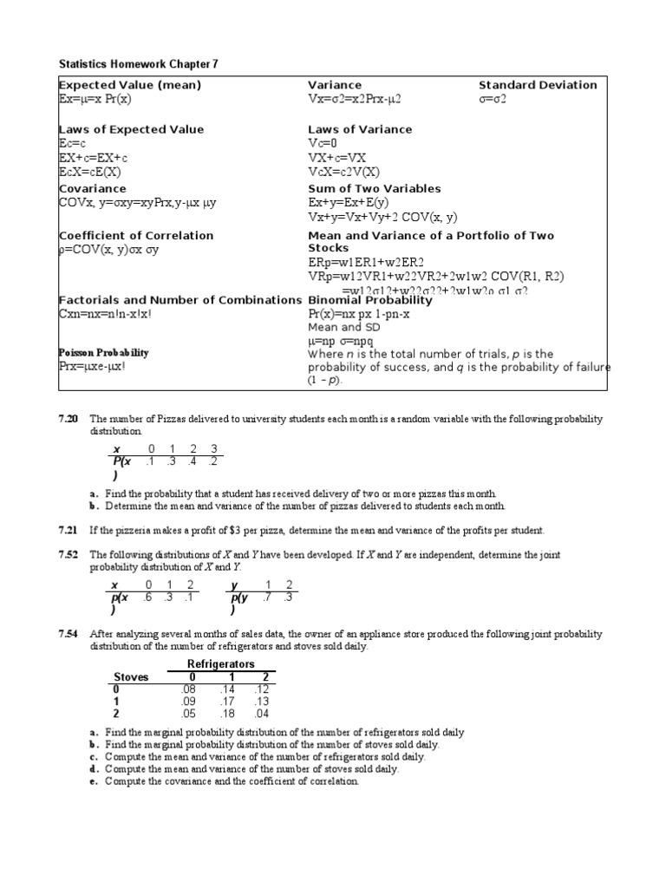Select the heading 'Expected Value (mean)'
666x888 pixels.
[x=129, y=85]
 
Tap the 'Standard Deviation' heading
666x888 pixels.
[x=538, y=85]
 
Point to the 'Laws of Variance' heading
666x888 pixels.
[x=360, y=129]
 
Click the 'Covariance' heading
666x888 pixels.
[x=92, y=188]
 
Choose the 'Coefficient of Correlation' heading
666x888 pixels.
[x=135, y=235]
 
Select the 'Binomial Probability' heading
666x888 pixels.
[x=370, y=300]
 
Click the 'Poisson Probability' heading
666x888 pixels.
[x=103, y=353]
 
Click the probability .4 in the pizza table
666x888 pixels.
[x=193, y=461]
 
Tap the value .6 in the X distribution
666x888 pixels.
[x=148, y=597]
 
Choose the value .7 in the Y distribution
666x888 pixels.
[x=267, y=597]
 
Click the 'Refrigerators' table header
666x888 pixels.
[x=221, y=663]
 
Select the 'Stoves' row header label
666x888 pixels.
[x=131, y=676]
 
